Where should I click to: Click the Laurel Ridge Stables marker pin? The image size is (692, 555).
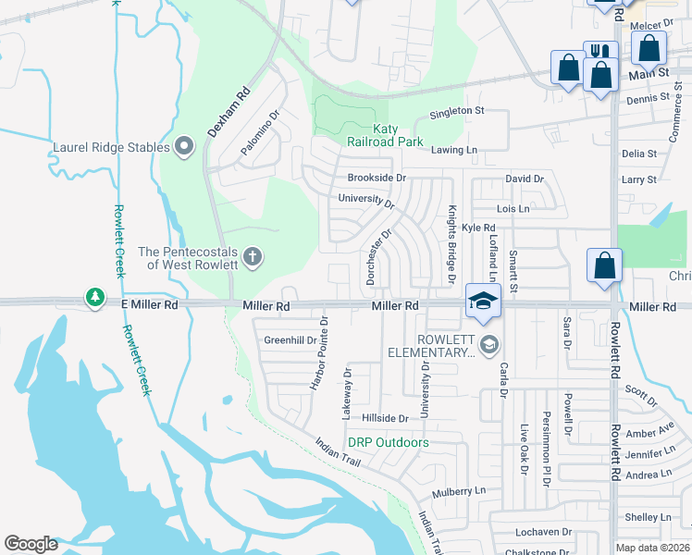point(183,146)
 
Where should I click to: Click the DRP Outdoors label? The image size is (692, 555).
point(388,443)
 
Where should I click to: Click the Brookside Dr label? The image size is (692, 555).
point(377,178)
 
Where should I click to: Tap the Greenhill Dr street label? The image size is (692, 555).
point(290,340)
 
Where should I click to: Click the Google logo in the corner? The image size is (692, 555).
point(31,544)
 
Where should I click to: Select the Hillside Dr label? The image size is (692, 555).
point(385,419)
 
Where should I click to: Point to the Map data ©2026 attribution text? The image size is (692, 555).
point(653,548)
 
